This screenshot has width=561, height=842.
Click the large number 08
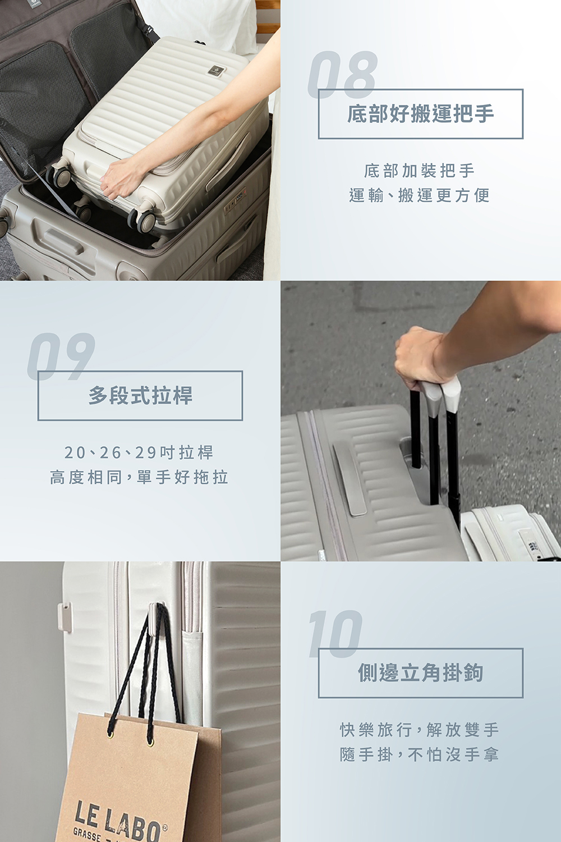point(343,75)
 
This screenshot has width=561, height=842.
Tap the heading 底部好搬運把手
point(420,114)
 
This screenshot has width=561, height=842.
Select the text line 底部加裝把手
point(419,171)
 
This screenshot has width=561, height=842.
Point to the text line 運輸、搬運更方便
point(419,195)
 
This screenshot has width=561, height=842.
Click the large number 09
point(61,356)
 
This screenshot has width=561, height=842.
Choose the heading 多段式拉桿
point(140,395)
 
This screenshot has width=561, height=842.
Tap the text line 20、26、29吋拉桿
point(139,452)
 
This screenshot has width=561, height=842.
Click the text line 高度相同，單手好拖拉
point(139,478)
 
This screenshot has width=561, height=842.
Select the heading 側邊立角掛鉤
point(420,673)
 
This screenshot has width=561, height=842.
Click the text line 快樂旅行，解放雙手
point(419,730)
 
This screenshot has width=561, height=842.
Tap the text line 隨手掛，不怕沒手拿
point(419,754)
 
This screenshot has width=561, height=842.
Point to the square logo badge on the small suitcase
point(215,71)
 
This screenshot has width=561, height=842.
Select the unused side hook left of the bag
point(65,617)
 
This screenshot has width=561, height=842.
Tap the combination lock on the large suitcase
point(236,199)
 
